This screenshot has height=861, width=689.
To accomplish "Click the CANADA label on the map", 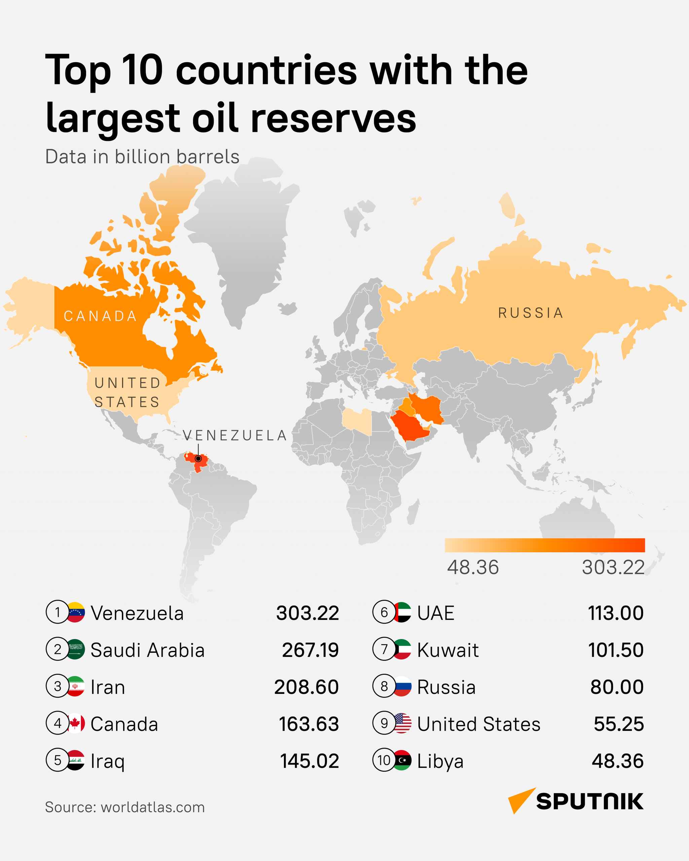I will pos(100,316).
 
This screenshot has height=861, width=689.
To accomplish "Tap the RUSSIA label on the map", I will pos(531,313).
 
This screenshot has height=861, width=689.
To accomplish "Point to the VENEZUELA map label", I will pos(235,435).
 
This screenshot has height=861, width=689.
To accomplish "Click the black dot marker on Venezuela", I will pos(198,458).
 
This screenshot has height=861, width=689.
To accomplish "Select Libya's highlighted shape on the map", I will pos(357,421).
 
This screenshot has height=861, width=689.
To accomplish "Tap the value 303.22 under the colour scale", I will pos(613,567).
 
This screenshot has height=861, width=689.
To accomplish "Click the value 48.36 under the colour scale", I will pos(473,567).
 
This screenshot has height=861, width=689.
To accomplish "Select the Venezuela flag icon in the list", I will pos(75,612).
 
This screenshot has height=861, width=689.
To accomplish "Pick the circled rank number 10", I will pos(384,760).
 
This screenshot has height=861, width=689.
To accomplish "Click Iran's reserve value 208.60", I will pos(306,687).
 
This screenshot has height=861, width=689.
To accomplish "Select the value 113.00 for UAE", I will pos(616,613).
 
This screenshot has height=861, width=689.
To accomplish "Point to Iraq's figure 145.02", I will pos(309,761).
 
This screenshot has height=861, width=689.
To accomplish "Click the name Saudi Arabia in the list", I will pos(147,650).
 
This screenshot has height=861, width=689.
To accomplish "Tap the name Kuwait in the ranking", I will pos(448,650).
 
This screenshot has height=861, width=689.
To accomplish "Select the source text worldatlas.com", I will pos(153,807).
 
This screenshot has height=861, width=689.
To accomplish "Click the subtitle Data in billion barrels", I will pos(142,156).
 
